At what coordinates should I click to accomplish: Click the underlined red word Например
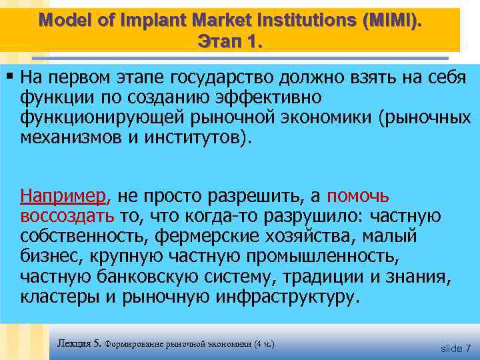point(63,196)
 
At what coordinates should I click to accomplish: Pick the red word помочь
point(360,196)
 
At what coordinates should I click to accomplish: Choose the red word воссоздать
point(67,216)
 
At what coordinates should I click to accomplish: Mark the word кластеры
point(59,296)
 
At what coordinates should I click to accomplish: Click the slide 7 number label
point(455,348)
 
